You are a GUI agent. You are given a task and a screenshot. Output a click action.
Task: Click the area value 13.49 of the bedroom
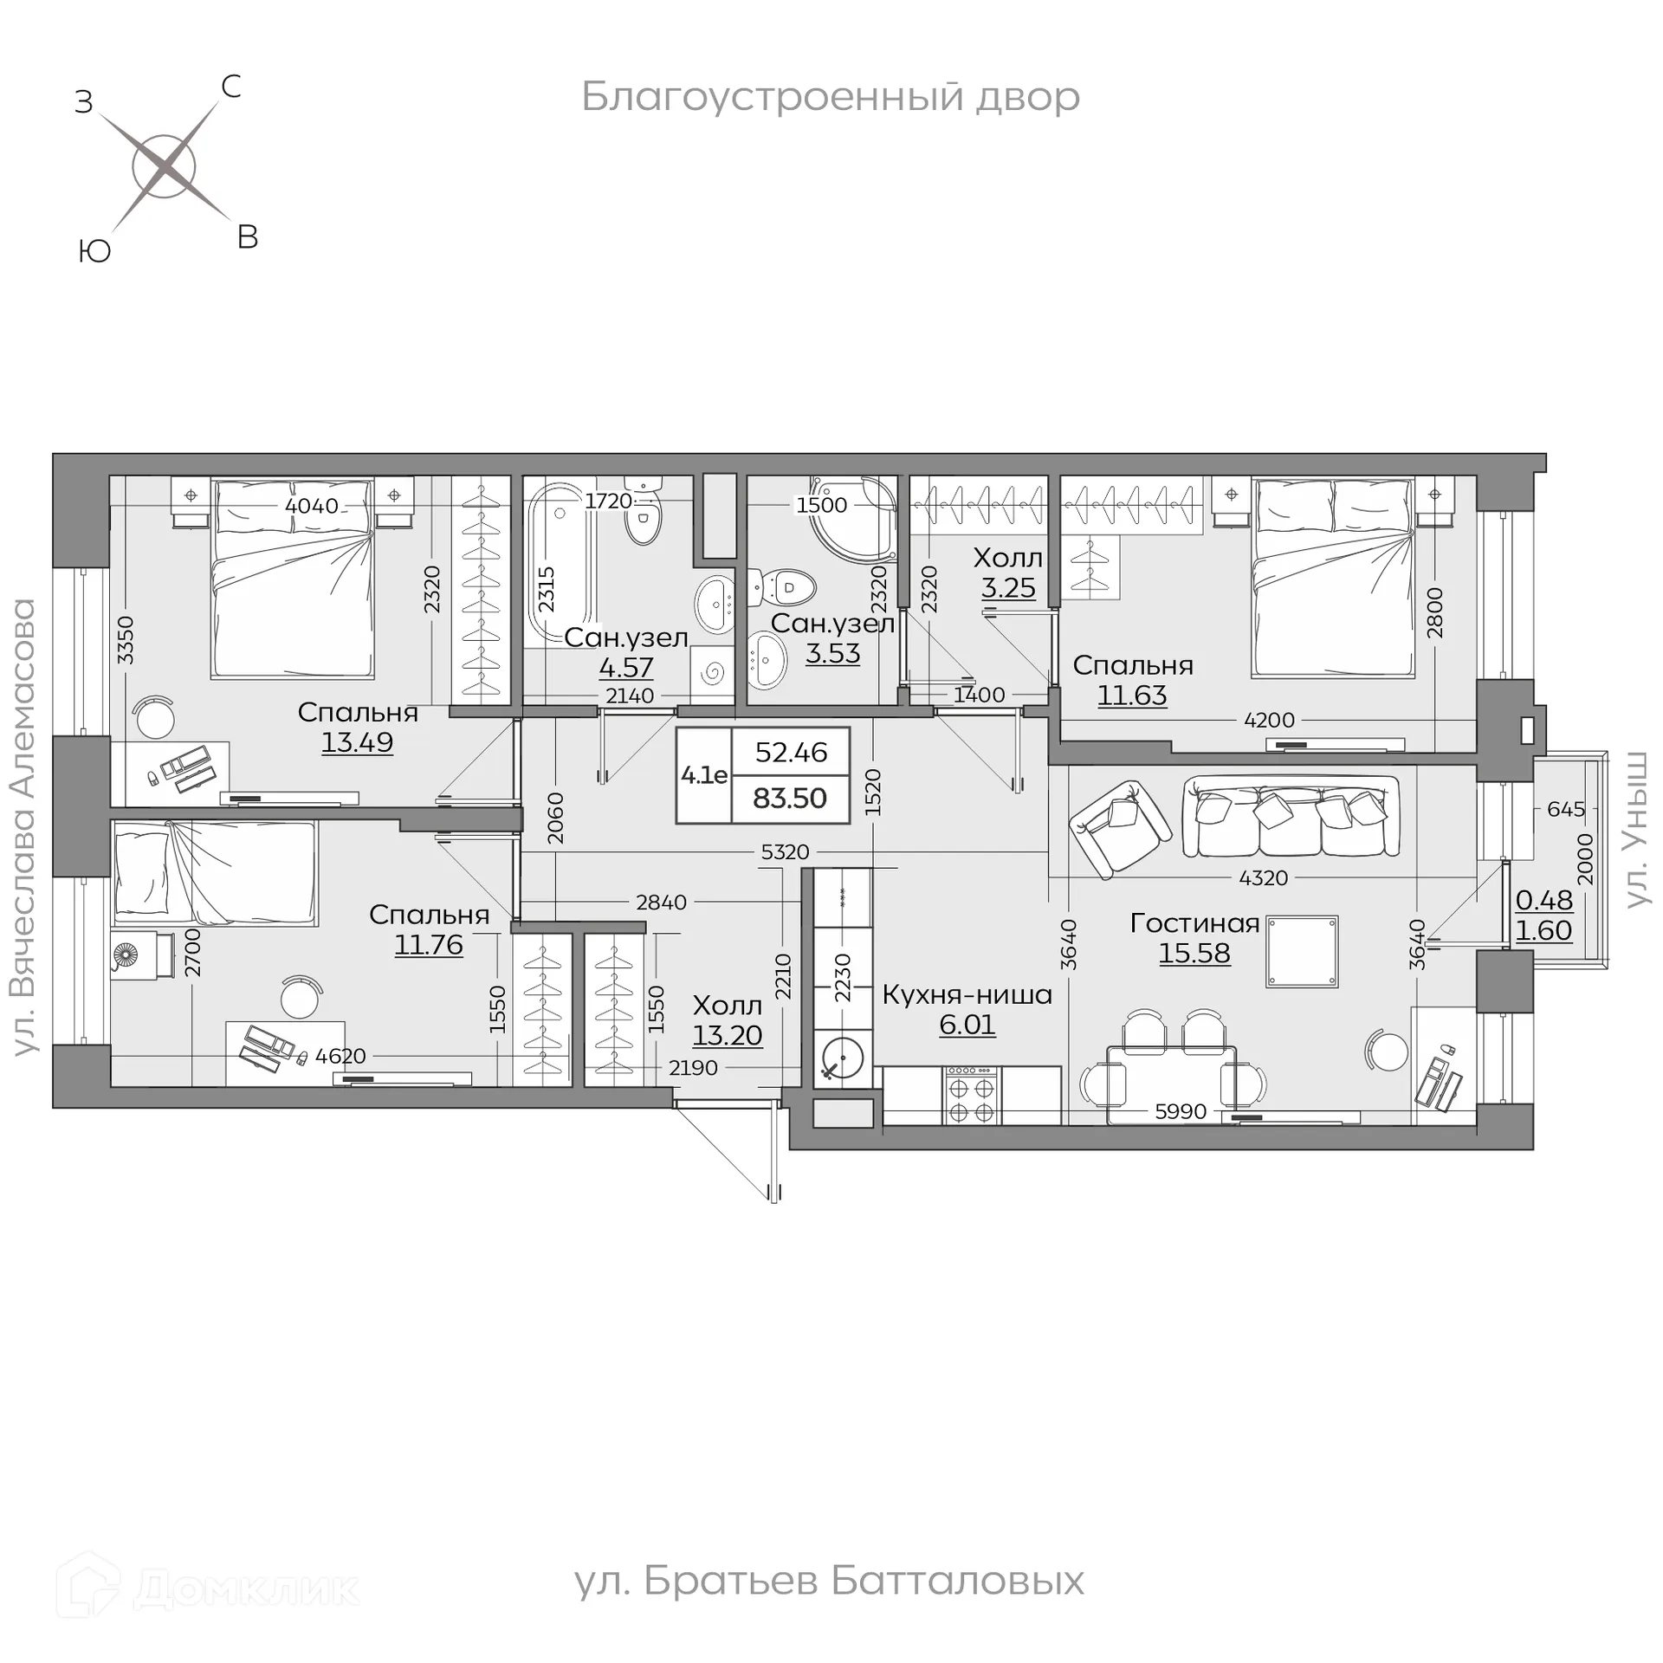pos(357,742)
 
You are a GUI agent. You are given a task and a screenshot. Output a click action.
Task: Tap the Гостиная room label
pos(1194,923)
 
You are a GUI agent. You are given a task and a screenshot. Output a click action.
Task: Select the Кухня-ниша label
pos(967,994)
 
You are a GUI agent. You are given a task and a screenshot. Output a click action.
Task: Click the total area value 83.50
pos(790,798)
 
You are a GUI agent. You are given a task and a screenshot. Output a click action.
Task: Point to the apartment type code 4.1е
pos(703,775)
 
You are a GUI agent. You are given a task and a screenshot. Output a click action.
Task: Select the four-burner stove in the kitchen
pos(972,1097)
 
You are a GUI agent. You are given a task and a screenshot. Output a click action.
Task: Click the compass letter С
pos(230,87)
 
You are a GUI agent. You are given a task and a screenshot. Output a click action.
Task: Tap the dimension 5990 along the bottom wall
pos(1181,1111)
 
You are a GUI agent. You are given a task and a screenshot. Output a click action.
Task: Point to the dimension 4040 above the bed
pos(312,505)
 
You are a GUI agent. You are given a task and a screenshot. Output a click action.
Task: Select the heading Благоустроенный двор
pos(830,97)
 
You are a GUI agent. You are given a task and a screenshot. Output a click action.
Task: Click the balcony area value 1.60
pos(1543,930)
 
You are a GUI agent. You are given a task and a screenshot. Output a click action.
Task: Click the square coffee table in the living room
pos(1302,952)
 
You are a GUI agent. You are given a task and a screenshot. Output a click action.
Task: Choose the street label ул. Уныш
pos(1634,830)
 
